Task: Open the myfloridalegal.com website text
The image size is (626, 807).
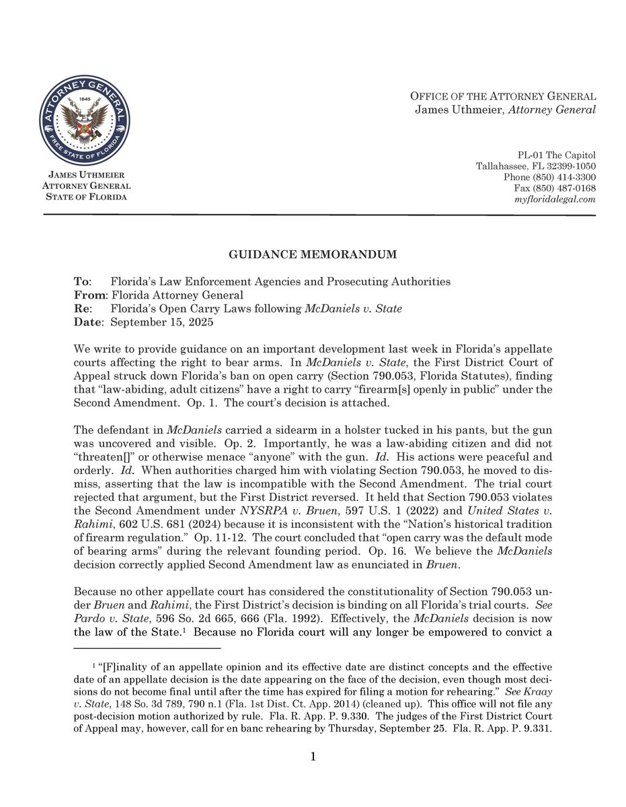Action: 555,200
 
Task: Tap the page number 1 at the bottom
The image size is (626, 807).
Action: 313,758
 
